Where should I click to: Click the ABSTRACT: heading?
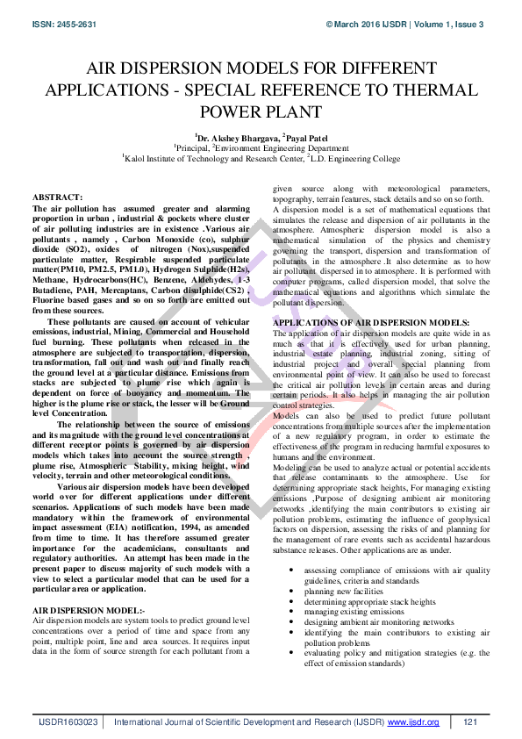click(x=58, y=198)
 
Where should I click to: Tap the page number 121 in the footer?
click(x=469, y=721)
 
